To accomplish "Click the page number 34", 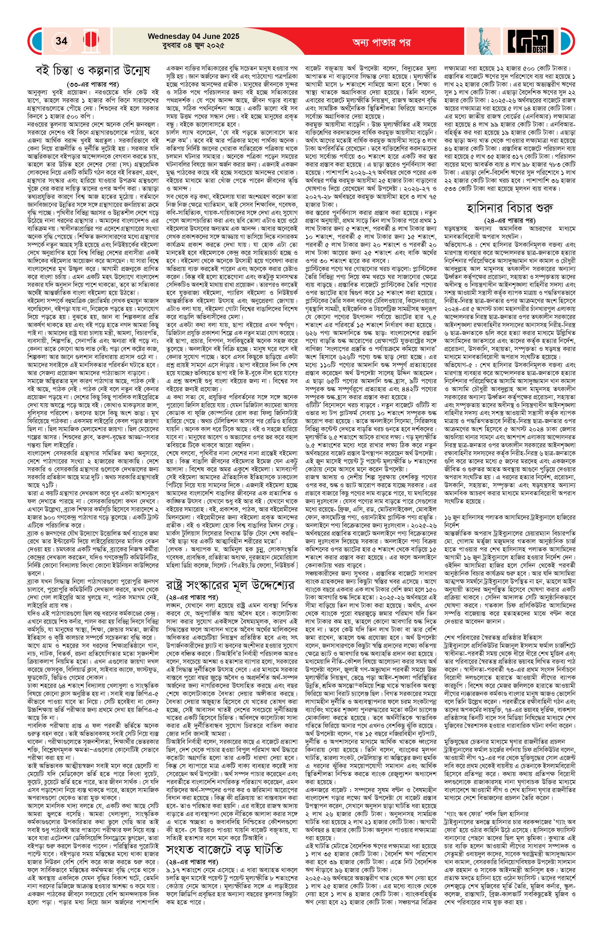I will [61, 41].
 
